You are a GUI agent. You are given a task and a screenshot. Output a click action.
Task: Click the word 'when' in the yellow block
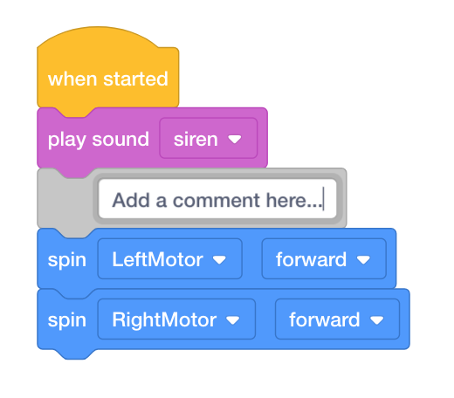[72, 79]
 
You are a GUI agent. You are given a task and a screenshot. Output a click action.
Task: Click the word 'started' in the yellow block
[135, 79]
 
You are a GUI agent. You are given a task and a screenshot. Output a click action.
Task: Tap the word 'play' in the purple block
[66, 141]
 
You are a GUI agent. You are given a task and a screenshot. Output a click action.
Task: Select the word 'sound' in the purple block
[120, 140]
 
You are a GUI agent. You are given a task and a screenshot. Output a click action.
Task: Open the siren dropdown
[209, 138]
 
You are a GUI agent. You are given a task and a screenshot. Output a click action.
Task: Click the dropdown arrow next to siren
[235, 140]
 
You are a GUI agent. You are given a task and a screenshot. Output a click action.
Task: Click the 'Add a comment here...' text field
[217, 199]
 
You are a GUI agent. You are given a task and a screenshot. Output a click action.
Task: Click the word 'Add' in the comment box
[131, 200]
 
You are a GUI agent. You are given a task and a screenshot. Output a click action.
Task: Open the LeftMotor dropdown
[170, 259]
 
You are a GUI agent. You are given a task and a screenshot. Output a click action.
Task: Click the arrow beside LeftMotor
[219, 259]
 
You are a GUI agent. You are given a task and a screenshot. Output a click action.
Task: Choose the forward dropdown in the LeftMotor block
[324, 259]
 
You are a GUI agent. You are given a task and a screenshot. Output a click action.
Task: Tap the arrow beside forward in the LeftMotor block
[363, 259]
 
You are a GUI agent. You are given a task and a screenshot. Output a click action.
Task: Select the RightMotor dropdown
[176, 319]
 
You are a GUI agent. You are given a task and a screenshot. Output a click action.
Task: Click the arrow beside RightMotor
[233, 320]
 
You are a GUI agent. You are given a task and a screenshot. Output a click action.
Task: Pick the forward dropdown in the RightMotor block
[338, 319]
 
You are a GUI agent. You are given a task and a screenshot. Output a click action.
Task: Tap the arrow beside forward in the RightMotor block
[377, 320]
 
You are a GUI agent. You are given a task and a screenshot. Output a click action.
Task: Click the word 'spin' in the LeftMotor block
[67, 260]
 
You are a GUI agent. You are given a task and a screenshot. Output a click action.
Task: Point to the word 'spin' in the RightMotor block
[67, 320]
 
